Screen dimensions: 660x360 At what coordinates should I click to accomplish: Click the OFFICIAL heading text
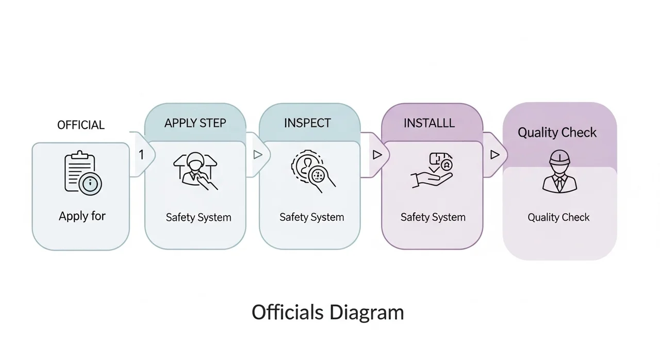click(81, 125)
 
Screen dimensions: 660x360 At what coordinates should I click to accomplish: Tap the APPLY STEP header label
click(195, 123)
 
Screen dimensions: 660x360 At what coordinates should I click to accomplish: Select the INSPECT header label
click(307, 123)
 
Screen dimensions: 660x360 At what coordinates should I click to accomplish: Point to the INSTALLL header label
click(429, 123)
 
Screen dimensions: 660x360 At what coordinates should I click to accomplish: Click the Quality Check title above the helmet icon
click(557, 133)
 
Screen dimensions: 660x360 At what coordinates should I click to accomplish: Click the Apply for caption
click(82, 216)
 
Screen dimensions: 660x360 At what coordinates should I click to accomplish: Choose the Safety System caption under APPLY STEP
click(199, 218)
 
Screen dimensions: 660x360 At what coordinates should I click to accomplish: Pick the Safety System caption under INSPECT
click(312, 218)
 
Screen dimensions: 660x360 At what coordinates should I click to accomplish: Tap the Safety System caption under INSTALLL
click(433, 218)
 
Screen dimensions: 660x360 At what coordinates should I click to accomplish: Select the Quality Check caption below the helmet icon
click(558, 218)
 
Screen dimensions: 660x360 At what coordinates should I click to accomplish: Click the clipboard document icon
click(83, 173)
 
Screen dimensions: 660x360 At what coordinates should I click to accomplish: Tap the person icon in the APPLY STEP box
click(195, 171)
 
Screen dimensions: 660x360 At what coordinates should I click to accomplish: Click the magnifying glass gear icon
click(313, 171)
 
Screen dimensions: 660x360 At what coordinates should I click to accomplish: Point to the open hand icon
click(432, 170)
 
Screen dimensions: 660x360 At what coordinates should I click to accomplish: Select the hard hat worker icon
click(559, 171)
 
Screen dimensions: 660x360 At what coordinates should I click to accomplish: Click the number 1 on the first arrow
click(141, 155)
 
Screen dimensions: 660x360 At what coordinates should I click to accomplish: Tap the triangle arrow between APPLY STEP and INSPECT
click(258, 155)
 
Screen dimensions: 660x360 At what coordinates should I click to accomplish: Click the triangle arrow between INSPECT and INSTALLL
click(377, 155)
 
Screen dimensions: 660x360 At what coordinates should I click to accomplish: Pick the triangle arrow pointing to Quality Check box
click(494, 155)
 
